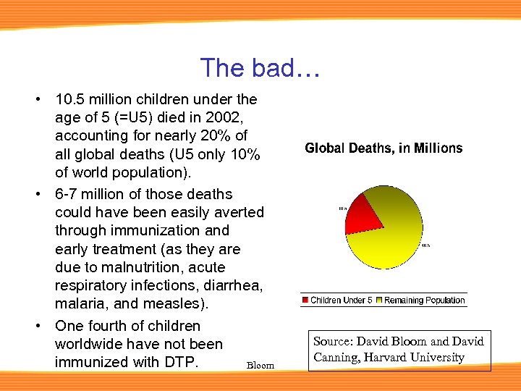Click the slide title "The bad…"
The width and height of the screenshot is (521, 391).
tap(260, 68)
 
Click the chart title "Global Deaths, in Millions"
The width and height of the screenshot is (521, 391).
tap(384, 148)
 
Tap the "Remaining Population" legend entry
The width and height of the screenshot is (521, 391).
tap(424, 300)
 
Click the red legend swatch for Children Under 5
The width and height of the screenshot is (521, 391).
tap(306, 300)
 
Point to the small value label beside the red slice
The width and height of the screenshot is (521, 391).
tap(343, 209)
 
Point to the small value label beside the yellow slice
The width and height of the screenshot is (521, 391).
tap(426, 245)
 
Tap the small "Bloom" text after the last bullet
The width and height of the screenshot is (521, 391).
tap(260, 365)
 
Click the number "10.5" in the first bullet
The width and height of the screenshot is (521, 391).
tap(69, 99)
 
